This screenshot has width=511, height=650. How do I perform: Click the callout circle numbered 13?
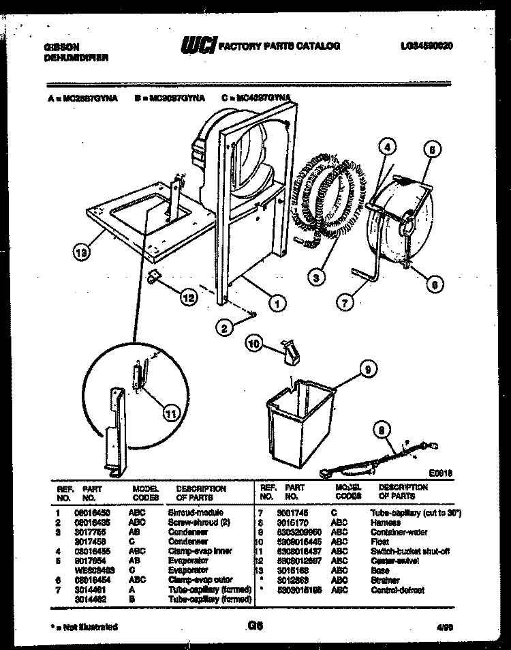(82, 253)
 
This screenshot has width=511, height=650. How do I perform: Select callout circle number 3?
(315, 276)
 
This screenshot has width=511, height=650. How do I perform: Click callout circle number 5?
(432, 150)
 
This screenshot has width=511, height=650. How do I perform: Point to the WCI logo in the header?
(198, 46)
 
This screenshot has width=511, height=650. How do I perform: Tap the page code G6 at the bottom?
(255, 625)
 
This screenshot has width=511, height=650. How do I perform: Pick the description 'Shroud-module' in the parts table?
(196, 512)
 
